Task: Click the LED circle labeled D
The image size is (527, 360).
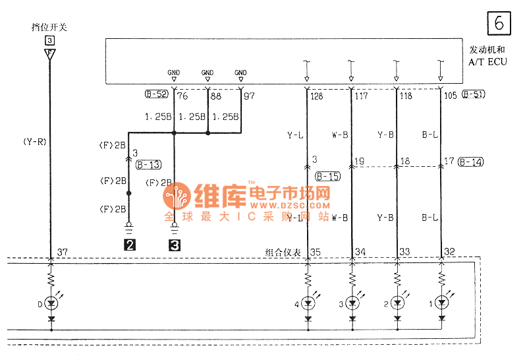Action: (x=51, y=303)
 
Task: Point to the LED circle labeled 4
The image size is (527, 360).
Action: (x=308, y=303)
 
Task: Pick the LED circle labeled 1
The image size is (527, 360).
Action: (x=441, y=303)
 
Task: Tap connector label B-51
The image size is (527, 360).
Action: (x=474, y=94)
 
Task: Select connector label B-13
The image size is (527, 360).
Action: (x=149, y=165)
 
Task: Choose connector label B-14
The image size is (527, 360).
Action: (x=471, y=162)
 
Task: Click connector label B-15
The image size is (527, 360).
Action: (x=327, y=176)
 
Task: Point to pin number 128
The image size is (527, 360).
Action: (x=317, y=97)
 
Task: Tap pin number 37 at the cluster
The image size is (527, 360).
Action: (x=63, y=251)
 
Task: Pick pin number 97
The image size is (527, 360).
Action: (x=250, y=97)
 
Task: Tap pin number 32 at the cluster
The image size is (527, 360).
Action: (x=450, y=251)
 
